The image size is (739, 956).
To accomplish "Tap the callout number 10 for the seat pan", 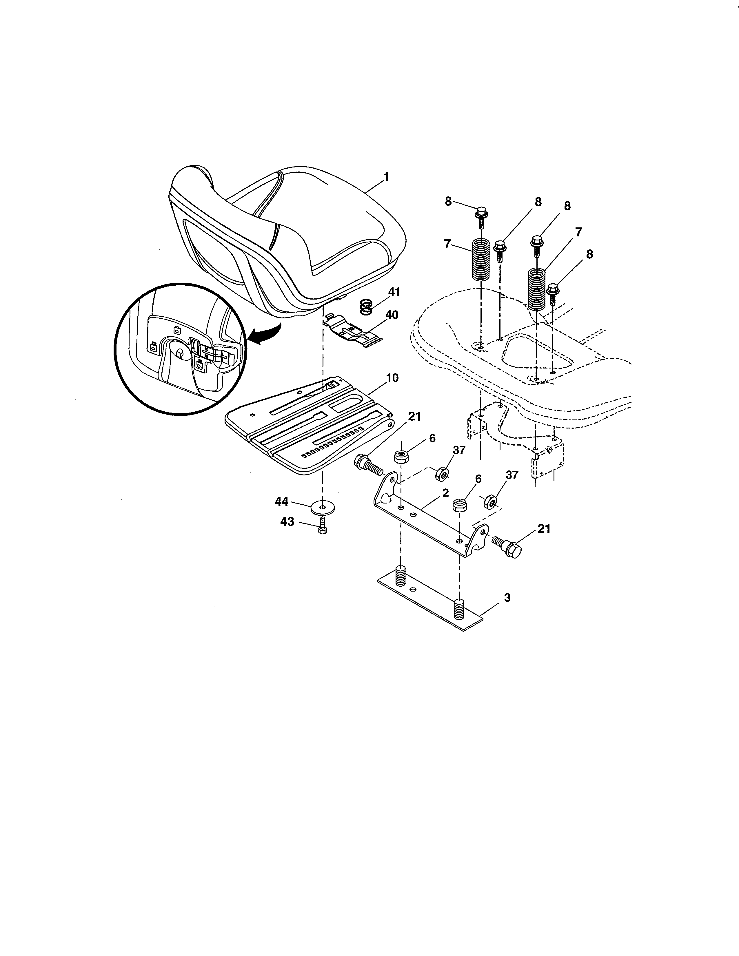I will tap(392, 378).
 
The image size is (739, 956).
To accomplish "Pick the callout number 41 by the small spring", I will tap(394, 292).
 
